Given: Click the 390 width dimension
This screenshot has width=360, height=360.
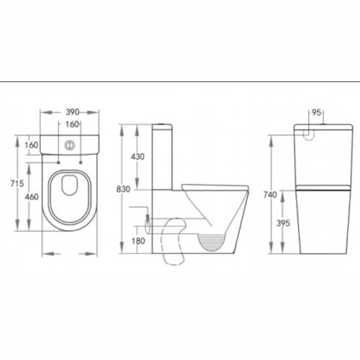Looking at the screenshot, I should (x=69, y=113).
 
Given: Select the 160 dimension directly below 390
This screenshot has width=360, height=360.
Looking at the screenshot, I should (x=69, y=124).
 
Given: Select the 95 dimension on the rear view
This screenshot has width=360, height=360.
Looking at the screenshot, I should (x=315, y=113).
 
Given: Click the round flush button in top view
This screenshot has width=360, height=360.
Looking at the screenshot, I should (x=69, y=144).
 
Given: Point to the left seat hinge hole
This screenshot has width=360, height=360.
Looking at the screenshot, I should (x=57, y=162).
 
